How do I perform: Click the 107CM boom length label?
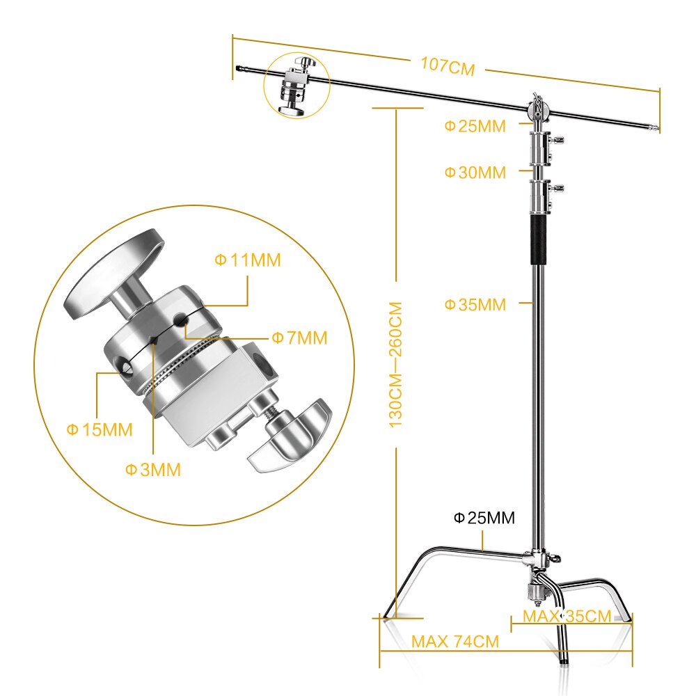tap(447, 67)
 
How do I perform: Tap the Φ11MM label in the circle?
tap(247, 260)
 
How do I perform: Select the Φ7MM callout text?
tap(299, 338)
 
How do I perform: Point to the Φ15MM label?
tap(99, 429)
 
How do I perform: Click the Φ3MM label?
tap(153, 470)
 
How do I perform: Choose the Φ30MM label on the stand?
tap(475, 173)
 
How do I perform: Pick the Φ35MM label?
tap(475, 304)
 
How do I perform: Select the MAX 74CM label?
tap(455, 642)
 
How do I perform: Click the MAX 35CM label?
tap(567, 616)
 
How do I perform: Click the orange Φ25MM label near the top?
tap(475, 126)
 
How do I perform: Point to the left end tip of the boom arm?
tap(239, 68)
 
